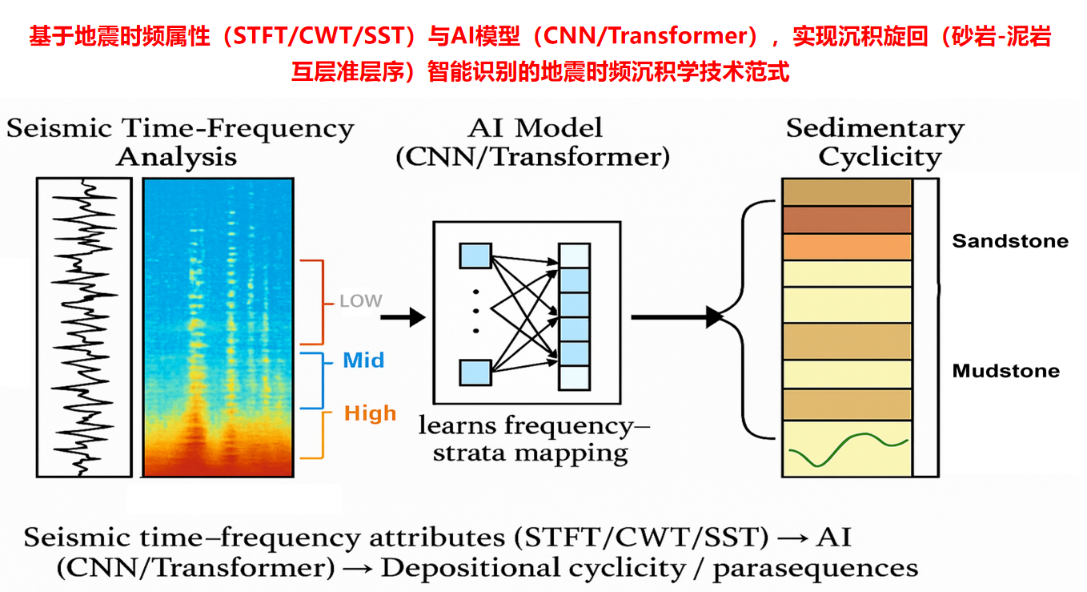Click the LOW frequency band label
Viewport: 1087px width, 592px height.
(x=361, y=302)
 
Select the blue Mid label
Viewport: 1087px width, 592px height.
(x=363, y=360)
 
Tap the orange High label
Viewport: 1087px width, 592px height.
(x=370, y=413)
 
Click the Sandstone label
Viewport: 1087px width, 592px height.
(x=1010, y=241)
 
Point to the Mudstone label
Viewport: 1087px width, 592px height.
(x=1005, y=371)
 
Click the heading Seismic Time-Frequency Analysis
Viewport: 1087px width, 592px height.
(x=179, y=142)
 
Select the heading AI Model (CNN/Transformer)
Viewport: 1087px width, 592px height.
(x=532, y=142)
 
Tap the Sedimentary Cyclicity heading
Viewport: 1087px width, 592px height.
(x=876, y=142)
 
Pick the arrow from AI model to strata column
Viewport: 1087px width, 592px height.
(x=676, y=317)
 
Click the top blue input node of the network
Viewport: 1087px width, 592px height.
(x=475, y=256)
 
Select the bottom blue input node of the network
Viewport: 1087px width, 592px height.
(x=475, y=373)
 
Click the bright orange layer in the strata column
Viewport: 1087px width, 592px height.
(x=847, y=247)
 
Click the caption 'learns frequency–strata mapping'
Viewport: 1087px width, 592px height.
(x=534, y=439)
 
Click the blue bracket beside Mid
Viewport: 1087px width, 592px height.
(x=322, y=381)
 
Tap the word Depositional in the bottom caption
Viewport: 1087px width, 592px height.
(x=459, y=568)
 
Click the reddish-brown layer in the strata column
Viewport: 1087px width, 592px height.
(x=847, y=219)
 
